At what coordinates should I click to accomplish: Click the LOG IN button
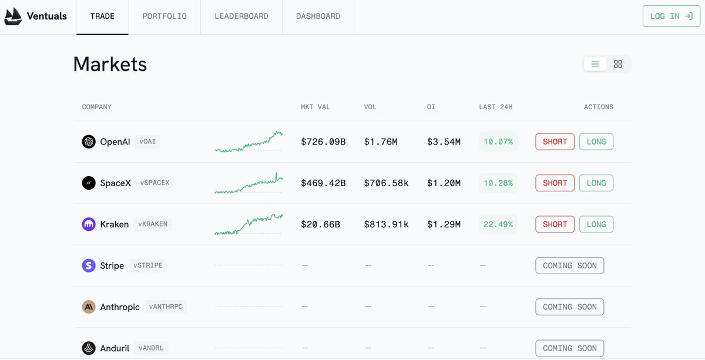[x=672, y=16]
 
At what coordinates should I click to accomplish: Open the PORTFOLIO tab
[x=164, y=16]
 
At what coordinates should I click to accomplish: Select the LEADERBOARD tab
[x=241, y=16]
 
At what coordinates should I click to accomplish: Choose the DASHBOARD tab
[x=318, y=16]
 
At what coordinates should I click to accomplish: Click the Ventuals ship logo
[x=13, y=16]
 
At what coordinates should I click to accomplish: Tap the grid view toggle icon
[x=618, y=64]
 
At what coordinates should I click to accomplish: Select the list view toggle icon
[x=595, y=64]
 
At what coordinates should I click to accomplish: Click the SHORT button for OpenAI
[x=555, y=142]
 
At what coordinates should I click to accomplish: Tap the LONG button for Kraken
[x=596, y=224]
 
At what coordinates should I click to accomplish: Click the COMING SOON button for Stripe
[x=570, y=265]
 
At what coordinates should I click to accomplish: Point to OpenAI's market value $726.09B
[x=323, y=142]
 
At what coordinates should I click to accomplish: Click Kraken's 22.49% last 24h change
[x=498, y=224]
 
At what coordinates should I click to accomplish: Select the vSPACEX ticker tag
[x=155, y=183]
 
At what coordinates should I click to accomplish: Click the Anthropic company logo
[x=89, y=307]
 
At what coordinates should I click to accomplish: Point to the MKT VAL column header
[x=315, y=107]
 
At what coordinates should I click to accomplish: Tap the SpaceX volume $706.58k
[x=386, y=183]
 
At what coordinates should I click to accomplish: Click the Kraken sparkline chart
[x=249, y=224]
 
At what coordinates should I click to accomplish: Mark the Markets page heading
[x=110, y=64]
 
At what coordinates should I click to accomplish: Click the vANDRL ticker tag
[x=151, y=348]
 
